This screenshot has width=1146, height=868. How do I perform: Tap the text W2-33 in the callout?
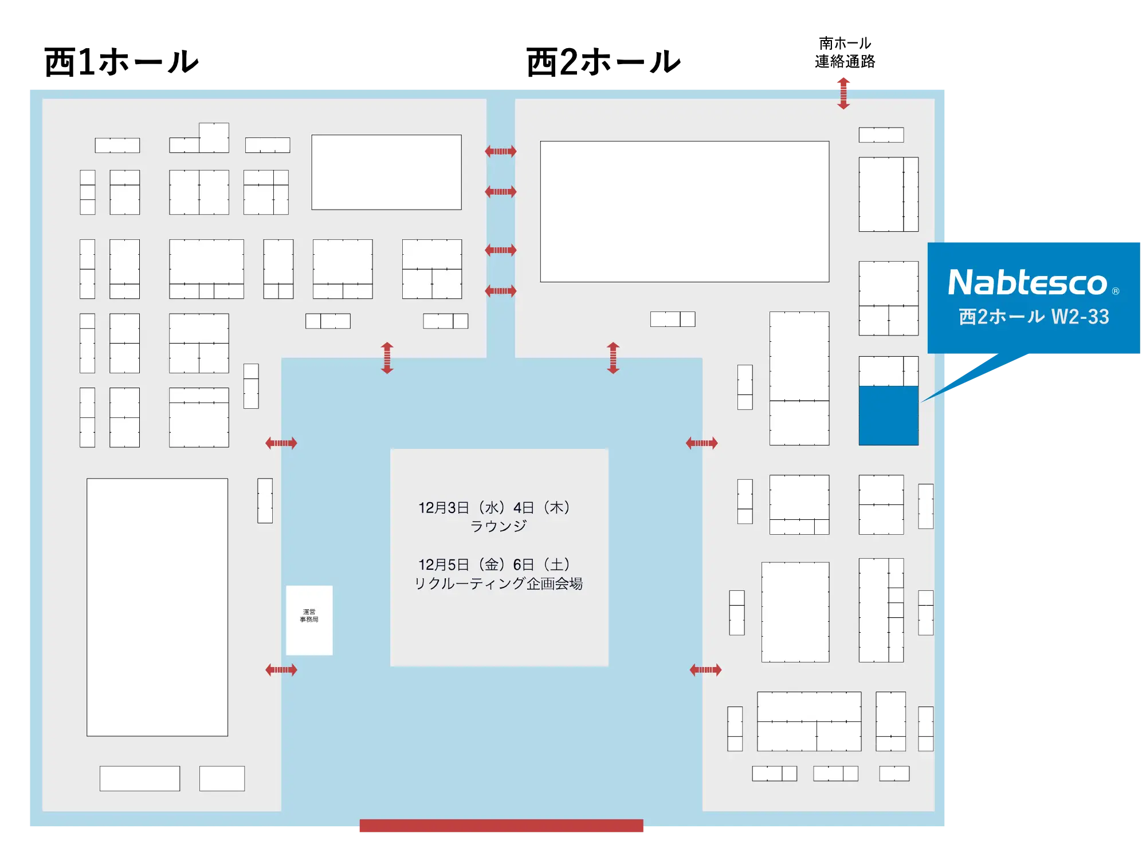[1080, 317]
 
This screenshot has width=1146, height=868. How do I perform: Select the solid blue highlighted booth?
[888, 416]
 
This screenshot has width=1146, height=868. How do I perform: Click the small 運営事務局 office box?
[309, 620]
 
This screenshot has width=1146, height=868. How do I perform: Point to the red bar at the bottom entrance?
[501, 826]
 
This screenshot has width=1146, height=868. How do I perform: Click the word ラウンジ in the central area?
[498, 526]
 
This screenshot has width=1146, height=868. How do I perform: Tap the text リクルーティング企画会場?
[498, 583]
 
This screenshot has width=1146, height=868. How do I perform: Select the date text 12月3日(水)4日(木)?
[494, 508]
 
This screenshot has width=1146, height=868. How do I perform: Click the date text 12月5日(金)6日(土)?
[494, 565]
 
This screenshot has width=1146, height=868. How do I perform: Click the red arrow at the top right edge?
[843, 92]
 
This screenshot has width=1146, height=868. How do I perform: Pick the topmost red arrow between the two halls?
[500, 151]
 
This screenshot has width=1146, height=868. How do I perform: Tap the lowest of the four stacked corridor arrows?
[500, 291]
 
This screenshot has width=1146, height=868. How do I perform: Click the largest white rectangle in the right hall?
[684, 211]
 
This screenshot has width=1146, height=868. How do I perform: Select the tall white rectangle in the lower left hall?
[157, 607]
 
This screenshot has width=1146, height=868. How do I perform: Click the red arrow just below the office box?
[281, 670]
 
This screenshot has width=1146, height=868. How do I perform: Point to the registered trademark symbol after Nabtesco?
[1115, 291]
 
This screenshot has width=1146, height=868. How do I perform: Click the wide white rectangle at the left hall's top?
[386, 172]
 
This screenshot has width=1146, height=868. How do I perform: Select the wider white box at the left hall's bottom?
[140, 779]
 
